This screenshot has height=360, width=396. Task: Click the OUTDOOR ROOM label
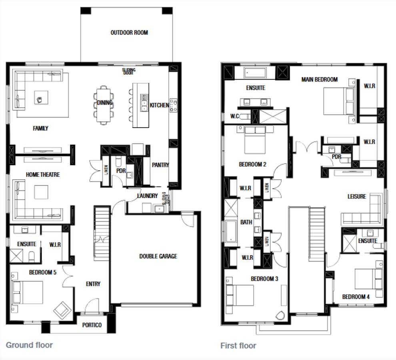(x=129, y=32)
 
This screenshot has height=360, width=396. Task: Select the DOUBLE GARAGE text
(x=158, y=256)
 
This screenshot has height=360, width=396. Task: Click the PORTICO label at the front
(x=92, y=325)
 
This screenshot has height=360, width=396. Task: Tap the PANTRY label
(x=160, y=165)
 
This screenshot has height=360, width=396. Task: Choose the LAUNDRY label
(x=147, y=196)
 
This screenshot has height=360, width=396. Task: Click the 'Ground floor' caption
(x=29, y=344)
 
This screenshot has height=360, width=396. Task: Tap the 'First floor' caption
(x=238, y=346)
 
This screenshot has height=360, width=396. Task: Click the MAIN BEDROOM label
(x=319, y=80)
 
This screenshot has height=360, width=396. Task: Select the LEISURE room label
(x=356, y=196)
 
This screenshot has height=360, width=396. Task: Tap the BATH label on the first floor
(x=246, y=222)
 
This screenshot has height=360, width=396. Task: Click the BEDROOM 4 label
(x=356, y=297)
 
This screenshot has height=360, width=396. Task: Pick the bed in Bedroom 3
(x=240, y=295)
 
